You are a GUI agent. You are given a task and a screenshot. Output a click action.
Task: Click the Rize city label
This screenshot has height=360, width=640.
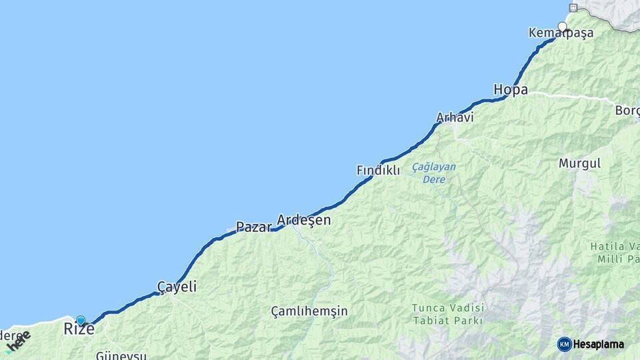pyautogui.click(x=79, y=329)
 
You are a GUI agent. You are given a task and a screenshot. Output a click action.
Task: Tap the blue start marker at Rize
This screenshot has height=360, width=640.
pyautogui.click(x=81, y=320)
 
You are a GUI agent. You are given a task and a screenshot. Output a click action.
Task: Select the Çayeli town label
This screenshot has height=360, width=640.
pyautogui.click(x=177, y=287)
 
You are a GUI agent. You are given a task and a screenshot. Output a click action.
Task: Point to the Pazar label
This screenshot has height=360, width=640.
pyautogui.click(x=254, y=227)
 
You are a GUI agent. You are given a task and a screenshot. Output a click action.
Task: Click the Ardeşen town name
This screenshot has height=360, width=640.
pyautogui.click(x=303, y=220)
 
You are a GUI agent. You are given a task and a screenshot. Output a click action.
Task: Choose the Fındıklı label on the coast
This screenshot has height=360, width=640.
pyautogui.click(x=378, y=171)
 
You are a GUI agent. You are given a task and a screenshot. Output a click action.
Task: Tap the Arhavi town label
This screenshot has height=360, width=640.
pyautogui.click(x=455, y=118)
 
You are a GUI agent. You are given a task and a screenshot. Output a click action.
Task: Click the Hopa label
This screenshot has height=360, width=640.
pyautogui.click(x=511, y=89)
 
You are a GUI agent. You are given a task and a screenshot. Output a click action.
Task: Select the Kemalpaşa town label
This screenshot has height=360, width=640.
pyautogui.click(x=561, y=33)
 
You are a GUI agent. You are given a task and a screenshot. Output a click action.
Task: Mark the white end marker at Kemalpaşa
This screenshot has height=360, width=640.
pyautogui.click(x=563, y=27)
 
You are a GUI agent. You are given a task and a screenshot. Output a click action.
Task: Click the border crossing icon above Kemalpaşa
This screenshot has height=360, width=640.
pyautogui.click(x=572, y=7)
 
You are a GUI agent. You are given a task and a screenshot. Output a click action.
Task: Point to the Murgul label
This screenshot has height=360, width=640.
pyautogui.click(x=579, y=163)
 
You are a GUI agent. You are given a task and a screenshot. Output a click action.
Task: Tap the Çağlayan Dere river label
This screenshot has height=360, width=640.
pyautogui.click(x=433, y=173)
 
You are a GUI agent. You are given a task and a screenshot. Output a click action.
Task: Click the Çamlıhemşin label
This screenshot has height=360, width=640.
pyautogui.click(x=309, y=311)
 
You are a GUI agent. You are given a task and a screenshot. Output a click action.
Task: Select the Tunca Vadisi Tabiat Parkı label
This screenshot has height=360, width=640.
pyautogui.click(x=447, y=314)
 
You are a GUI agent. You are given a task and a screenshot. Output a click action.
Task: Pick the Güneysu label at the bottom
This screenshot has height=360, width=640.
pyautogui.click(x=121, y=355)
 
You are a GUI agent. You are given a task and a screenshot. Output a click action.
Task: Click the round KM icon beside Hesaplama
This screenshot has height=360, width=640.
pyautogui.click(x=564, y=344)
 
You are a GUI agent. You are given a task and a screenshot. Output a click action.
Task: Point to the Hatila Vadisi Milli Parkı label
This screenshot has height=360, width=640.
pyautogui.click(x=614, y=253)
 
